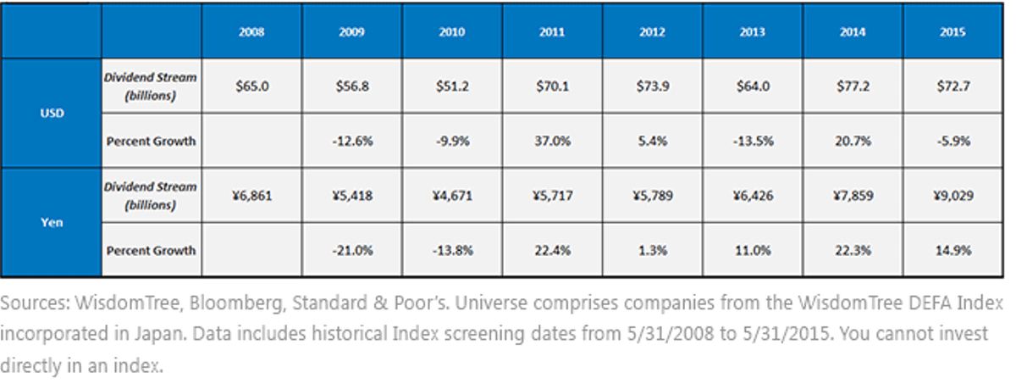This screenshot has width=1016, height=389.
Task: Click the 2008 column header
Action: pyautogui.click(x=251, y=31)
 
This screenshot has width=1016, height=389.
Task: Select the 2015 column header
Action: pyautogui.click(x=952, y=31)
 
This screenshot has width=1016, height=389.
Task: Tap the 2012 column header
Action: pyautogui.click(x=652, y=31)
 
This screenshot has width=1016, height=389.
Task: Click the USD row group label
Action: pyautogui.click(x=52, y=113)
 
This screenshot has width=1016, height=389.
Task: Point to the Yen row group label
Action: pyautogui.click(x=52, y=222)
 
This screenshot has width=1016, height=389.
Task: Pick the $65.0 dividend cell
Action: pyautogui.click(x=252, y=86)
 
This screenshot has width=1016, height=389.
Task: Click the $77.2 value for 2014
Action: pyautogui.click(x=853, y=86)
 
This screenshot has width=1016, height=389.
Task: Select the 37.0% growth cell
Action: pyautogui.click(x=552, y=142)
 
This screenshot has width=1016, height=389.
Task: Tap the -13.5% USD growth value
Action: pyautogui.click(x=753, y=142)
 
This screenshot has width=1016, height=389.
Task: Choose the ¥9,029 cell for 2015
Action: pyautogui.click(x=953, y=196)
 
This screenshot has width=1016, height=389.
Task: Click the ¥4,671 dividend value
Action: pyautogui.click(x=452, y=196)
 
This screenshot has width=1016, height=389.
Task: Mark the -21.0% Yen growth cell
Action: pyautogui.click(x=352, y=251)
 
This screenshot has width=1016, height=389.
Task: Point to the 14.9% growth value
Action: pyautogui.click(x=953, y=251)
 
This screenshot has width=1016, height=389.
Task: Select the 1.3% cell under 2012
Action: pyautogui.click(x=653, y=251)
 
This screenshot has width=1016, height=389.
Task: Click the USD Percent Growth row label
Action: pyautogui.click(x=151, y=142)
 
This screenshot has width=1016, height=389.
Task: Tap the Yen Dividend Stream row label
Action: pyautogui.click(x=151, y=196)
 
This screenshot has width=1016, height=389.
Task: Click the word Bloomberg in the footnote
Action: pyautogui.click(x=238, y=303)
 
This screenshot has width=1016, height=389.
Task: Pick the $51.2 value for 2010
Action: pyautogui.click(x=452, y=86)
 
